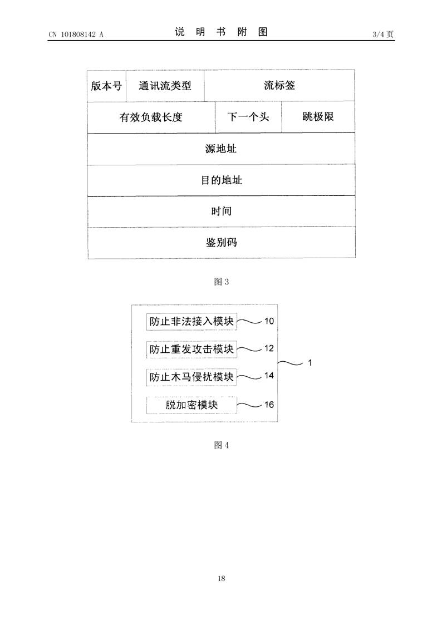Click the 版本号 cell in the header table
pos(106,86)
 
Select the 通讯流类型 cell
pos(165,86)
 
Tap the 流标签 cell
pos(279,85)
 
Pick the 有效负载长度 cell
pos(151,117)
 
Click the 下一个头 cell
pos(248,117)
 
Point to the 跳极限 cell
pos(318,117)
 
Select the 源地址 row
pos(221,149)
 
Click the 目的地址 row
pos(221,180)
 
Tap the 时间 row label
pos(221,211)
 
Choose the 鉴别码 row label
pos(221,242)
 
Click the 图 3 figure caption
pos(221,282)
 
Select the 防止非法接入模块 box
pos(191,322)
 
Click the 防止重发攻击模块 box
pos(191,349)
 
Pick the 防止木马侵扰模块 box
pos(191,377)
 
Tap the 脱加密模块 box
pos(191,405)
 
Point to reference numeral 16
pos(269,405)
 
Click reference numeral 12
pos(269,348)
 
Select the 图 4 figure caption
pos(221,445)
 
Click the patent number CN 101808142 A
pos(76,35)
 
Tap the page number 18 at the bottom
pos(221,578)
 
